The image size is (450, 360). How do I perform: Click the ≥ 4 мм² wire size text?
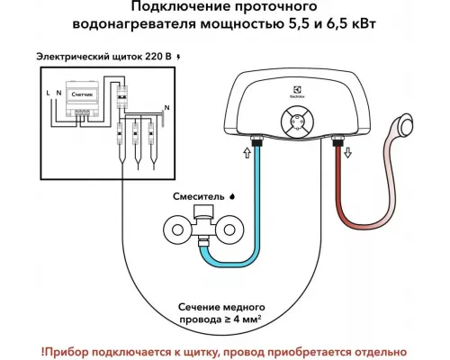(236, 318)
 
